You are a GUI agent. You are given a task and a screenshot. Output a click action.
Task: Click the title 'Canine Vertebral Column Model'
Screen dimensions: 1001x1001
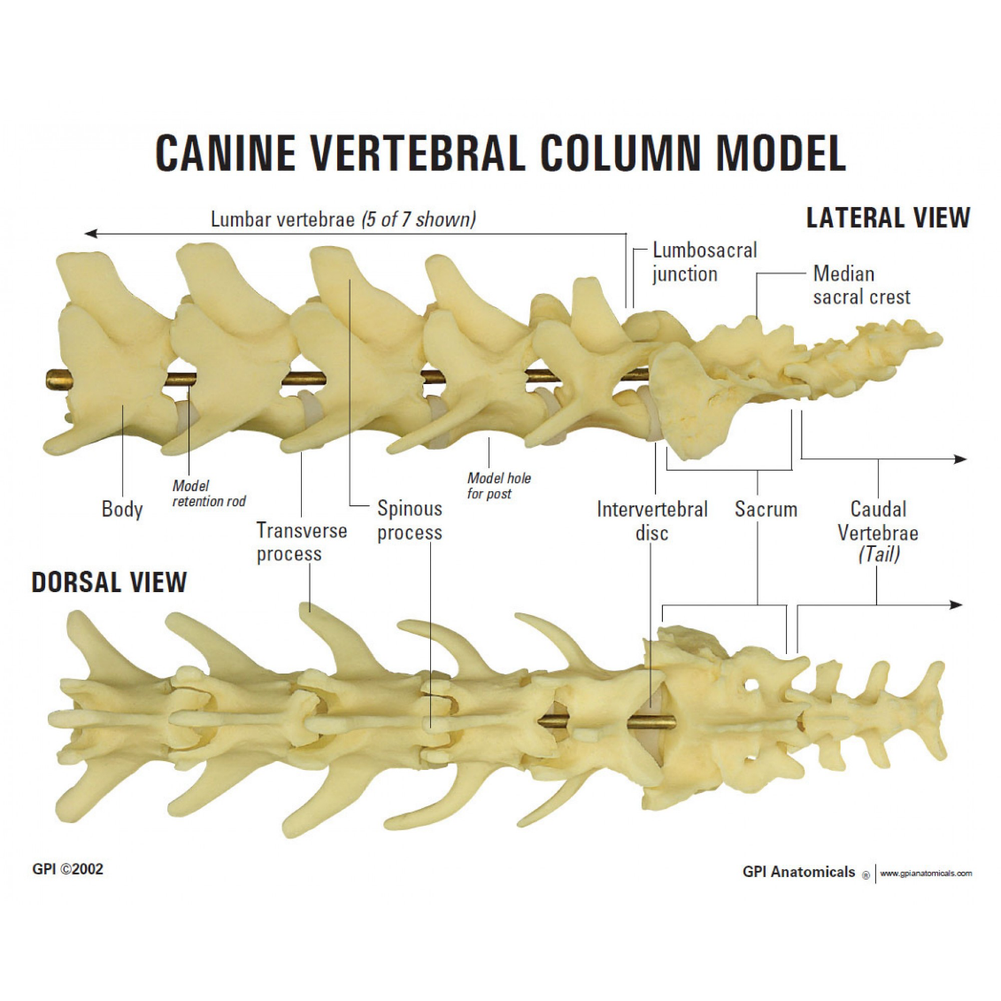click(x=500, y=153)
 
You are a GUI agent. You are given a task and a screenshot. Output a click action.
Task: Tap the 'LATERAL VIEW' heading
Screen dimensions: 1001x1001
click(x=887, y=218)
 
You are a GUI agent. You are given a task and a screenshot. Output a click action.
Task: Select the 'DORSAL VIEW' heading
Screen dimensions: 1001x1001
click(x=109, y=582)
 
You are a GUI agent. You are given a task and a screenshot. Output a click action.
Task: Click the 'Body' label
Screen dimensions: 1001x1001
click(x=122, y=509)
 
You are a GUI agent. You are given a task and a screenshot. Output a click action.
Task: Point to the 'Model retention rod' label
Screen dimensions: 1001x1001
click(x=209, y=494)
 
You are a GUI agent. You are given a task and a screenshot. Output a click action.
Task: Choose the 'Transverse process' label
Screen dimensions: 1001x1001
click(x=301, y=542)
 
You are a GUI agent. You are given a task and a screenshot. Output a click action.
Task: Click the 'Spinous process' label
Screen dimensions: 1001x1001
click(x=409, y=520)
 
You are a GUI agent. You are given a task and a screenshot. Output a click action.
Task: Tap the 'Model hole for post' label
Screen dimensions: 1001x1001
click(x=499, y=486)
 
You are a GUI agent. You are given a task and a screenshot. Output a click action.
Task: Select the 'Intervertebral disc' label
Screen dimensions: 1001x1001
click(x=652, y=520)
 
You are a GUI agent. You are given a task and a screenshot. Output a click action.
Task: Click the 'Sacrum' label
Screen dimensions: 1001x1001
click(x=766, y=509)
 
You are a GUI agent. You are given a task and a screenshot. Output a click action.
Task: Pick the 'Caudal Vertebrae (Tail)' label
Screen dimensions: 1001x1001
click(x=878, y=532)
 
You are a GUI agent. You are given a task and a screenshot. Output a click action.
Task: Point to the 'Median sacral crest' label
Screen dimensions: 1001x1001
click(x=861, y=285)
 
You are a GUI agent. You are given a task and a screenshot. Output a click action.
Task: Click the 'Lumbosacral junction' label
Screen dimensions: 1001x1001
click(x=704, y=262)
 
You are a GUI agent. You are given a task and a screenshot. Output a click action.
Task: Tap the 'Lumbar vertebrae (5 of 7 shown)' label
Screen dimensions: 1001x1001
click(x=343, y=219)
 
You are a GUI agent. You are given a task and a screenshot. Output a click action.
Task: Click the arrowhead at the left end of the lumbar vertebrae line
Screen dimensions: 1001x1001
click(x=89, y=234)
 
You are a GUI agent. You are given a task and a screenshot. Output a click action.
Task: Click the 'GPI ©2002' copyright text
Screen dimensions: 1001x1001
click(x=67, y=869)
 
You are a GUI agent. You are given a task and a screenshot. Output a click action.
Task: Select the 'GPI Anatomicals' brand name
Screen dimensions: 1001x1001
click(x=798, y=872)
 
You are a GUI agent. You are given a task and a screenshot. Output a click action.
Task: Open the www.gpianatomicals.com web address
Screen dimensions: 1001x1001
click(x=925, y=874)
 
